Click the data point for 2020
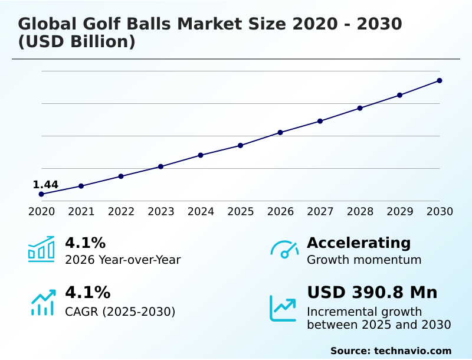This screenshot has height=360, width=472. click(x=41, y=194)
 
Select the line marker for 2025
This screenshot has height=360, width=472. click(x=240, y=145)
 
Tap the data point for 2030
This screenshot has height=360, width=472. click(x=440, y=80)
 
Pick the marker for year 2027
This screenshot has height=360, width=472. click(x=320, y=121)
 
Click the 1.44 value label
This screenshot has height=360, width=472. click(x=45, y=185)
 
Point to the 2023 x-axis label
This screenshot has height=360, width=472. click(x=160, y=211)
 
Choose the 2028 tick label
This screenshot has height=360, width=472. click(x=360, y=211)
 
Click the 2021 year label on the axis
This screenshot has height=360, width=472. click(x=81, y=211)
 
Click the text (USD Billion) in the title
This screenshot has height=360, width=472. click(x=77, y=42)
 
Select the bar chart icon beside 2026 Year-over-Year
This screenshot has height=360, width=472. click(x=41, y=249)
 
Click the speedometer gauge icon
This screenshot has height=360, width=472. click(x=284, y=249)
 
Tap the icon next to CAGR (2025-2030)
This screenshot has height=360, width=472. click(x=42, y=302)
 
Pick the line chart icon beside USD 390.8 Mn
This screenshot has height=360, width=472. click(x=283, y=308)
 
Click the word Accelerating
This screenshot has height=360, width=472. click(x=359, y=243)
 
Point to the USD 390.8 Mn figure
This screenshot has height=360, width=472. click(x=372, y=293)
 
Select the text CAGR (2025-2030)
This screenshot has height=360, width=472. click(x=120, y=311)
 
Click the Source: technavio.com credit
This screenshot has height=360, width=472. click(x=391, y=351)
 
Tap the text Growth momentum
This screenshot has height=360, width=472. click(x=364, y=260)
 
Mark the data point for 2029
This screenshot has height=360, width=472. click(x=399, y=95)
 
